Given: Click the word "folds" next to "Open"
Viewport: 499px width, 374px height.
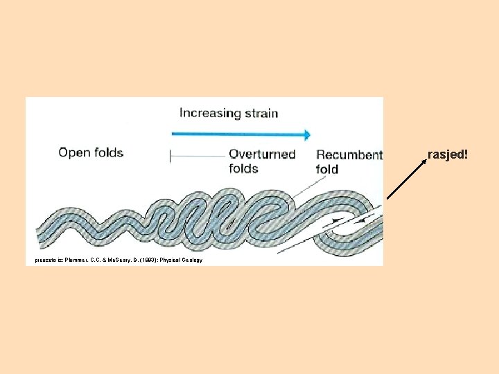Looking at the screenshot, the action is (108, 152).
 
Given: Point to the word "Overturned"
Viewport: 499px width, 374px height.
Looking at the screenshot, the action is (262, 154).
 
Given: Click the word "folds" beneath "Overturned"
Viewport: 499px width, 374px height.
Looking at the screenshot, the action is (243, 168).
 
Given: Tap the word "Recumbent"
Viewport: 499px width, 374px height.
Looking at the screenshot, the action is (349, 155).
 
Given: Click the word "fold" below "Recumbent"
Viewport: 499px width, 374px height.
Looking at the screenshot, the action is (327, 169).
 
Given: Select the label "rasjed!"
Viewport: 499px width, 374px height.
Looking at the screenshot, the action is (448, 154).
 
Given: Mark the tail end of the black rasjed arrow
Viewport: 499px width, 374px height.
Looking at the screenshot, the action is (387, 199).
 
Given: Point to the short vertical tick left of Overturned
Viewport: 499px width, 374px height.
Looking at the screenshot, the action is (170, 156).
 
